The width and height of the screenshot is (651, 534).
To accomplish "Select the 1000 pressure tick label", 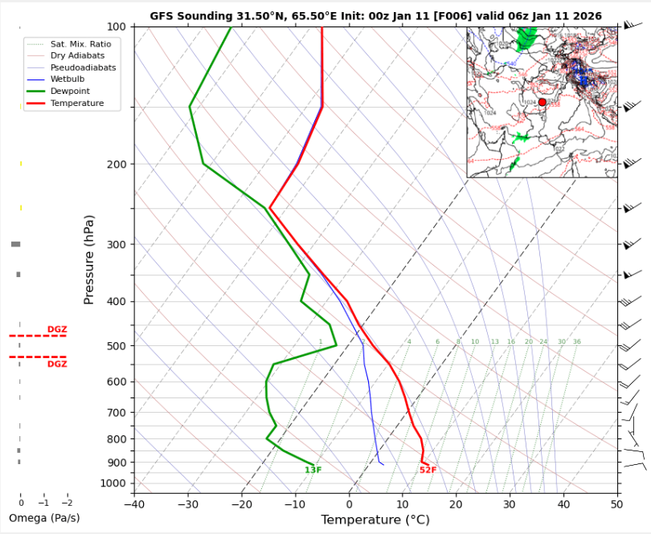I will (113, 483).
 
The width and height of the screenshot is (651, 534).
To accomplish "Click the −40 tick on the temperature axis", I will (134, 504).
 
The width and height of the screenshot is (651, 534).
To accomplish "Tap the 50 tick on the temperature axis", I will (616, 504).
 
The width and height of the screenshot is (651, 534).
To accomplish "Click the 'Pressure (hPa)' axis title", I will (89, 259).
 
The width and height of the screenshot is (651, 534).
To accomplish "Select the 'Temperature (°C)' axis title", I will (375, 520).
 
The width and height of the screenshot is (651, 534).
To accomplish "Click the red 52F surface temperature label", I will (428, 470).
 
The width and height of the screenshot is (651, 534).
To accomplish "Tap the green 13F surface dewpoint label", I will (313, 470).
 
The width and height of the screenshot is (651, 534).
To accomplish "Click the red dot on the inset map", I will (542, 102).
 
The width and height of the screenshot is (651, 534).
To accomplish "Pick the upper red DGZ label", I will (57, 329).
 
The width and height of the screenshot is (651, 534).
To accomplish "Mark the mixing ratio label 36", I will (576, 342).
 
